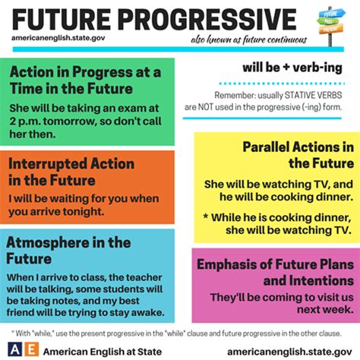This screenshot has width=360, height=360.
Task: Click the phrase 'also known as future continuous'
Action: click(x=252, y=39)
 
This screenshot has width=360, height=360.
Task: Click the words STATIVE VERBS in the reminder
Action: click(x=314, y=96)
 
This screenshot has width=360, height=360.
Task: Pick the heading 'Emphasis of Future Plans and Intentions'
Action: click(x=276, y=273)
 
